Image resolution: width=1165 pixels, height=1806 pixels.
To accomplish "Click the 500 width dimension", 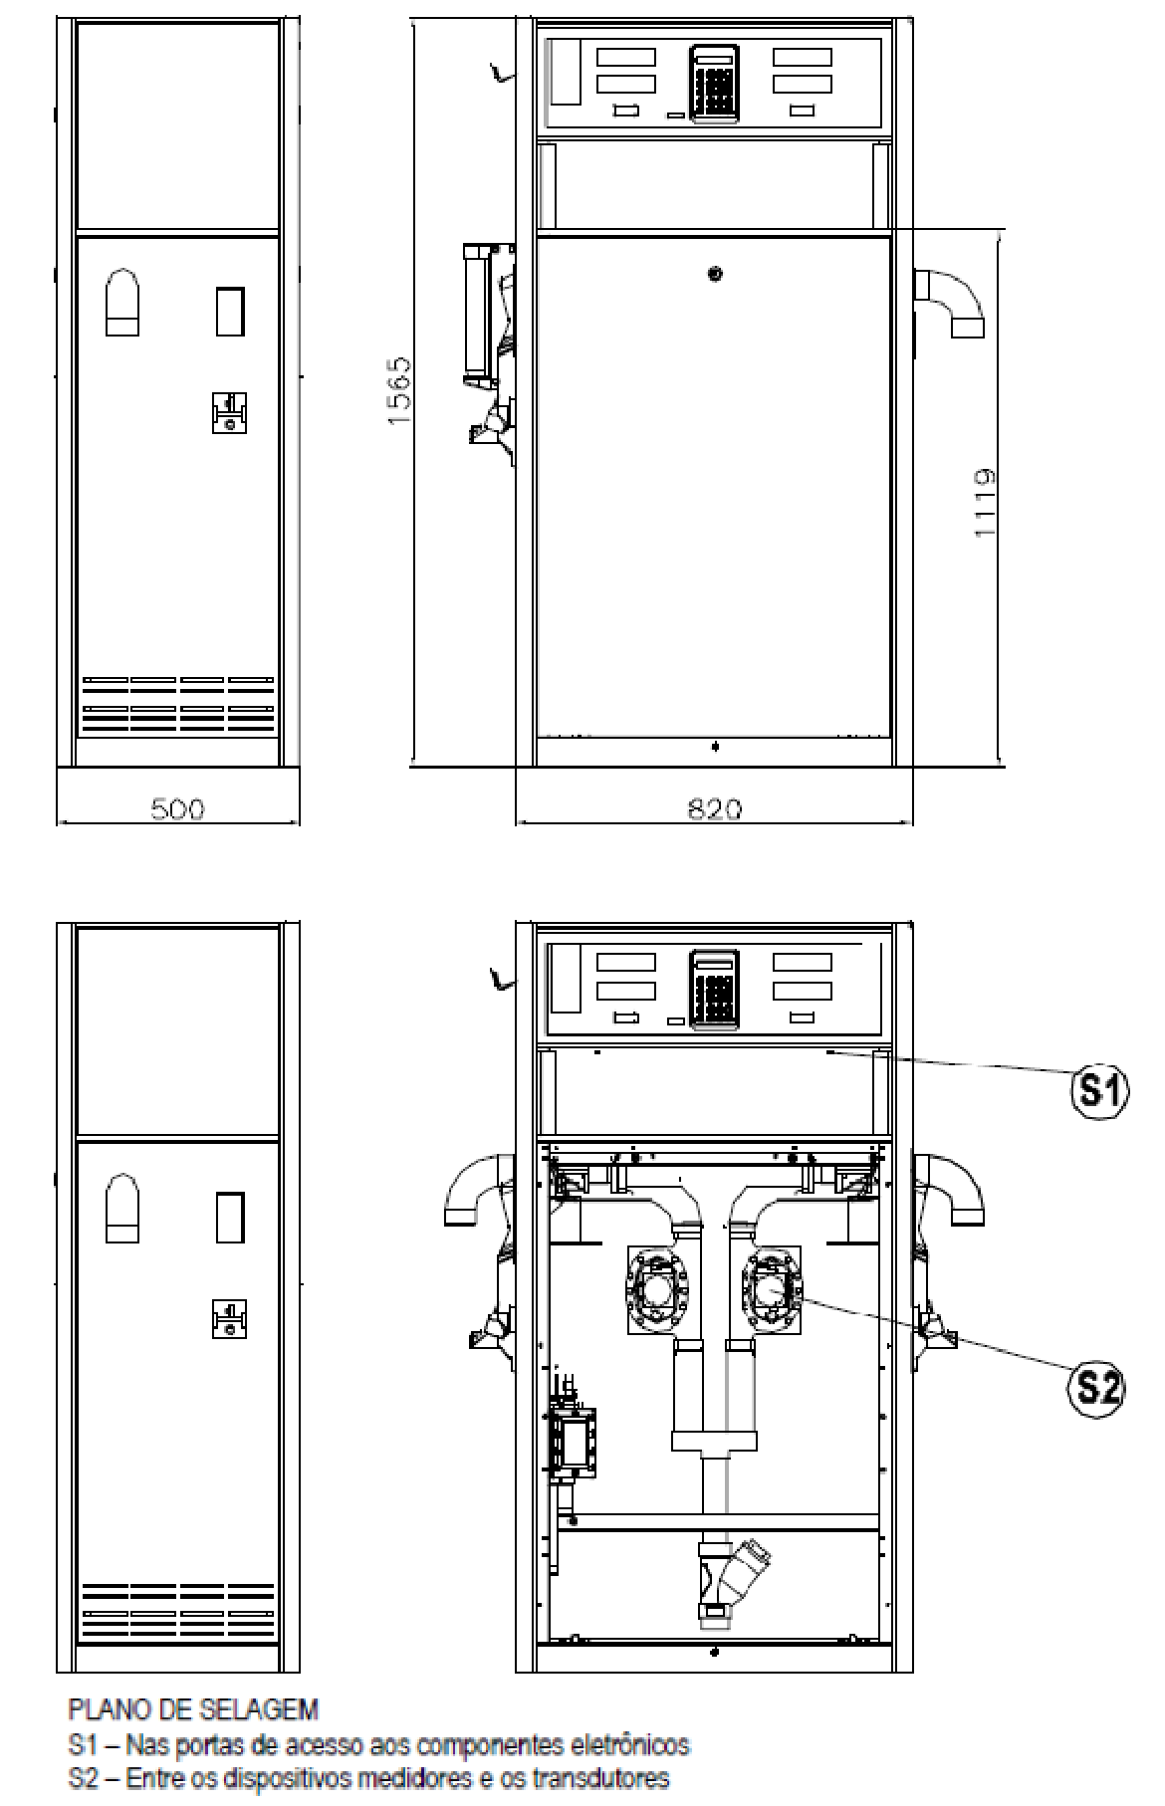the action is (178, 808).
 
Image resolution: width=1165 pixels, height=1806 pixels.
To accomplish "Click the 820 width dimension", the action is (715, 808).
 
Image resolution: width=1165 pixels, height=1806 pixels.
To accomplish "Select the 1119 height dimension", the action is (985, 503).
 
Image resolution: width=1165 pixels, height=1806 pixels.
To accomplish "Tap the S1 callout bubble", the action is (1097, 1092).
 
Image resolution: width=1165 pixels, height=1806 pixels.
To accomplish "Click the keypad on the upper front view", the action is (714, 85).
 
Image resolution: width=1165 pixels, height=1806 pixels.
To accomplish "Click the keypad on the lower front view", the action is (714, 988).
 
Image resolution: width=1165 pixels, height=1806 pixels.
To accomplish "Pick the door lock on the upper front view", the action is (715, 274).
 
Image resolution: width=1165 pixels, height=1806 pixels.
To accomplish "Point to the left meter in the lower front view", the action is (658, 1290).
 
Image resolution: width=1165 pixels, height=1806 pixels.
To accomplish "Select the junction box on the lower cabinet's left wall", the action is (573, 1441).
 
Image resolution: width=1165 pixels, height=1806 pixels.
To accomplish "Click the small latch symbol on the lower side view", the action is (229, 1319).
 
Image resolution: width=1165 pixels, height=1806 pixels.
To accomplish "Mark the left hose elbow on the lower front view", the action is (479, 1189).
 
